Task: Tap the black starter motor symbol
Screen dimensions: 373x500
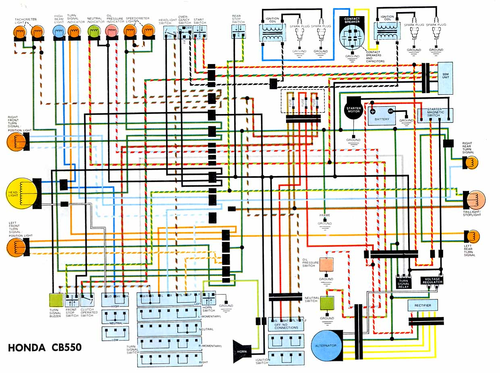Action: coord(353,109)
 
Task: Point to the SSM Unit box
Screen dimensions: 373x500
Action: coord(445,78)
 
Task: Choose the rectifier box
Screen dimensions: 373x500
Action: coord(423,305)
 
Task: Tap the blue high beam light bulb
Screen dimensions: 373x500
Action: coord(59,31)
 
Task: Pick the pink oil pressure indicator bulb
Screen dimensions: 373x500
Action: coord(111,31)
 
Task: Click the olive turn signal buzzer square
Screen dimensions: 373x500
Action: coord(56,300)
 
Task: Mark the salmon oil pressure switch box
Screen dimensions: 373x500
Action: coord(326,264)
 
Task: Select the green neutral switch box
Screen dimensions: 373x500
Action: coord(327,303)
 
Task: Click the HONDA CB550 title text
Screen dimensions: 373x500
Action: coord(44,347)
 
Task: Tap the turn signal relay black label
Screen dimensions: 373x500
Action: coord(403,283)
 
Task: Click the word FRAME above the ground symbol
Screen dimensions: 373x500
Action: coord(325,216)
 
